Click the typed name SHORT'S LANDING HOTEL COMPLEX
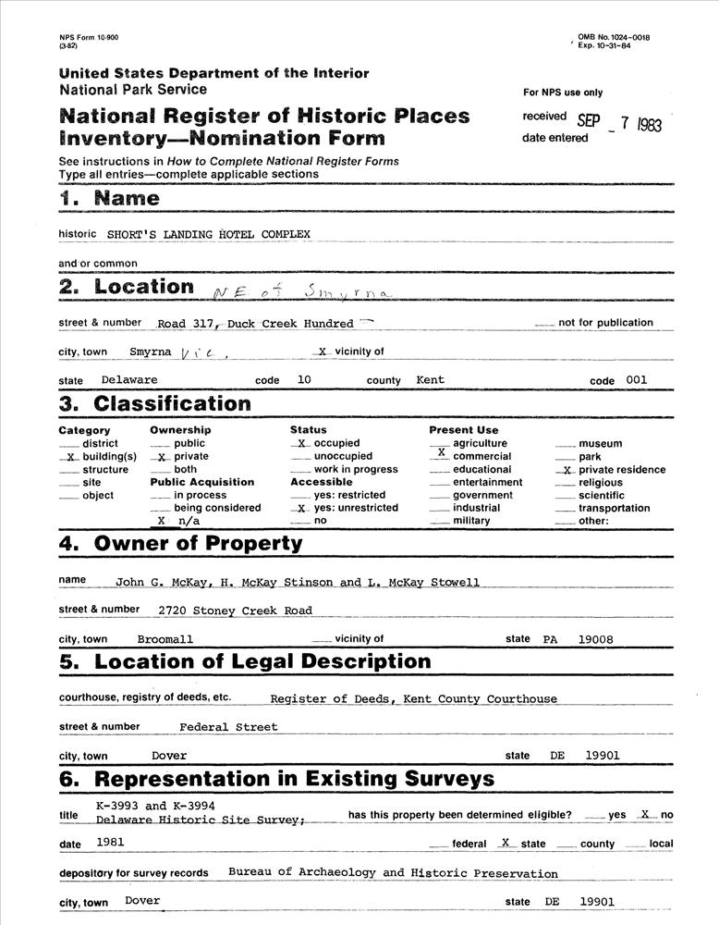click(209, 234)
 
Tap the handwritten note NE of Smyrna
click(301, 291)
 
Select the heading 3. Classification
click(154, 403)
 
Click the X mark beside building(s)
click(71, 457)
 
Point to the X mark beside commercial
click(441, 453)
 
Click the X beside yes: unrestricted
click(301, 508)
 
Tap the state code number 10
click(304, 380)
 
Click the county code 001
click(636, 380)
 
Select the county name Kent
click(431, 380)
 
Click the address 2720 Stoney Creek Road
click(235, 610)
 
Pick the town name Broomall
click(165, 639)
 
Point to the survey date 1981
click(110, 843)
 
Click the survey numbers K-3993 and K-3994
click(156, 807)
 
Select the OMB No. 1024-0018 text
click(614, 37)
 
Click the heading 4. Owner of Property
click(180, 543)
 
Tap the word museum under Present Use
click(600, 444)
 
